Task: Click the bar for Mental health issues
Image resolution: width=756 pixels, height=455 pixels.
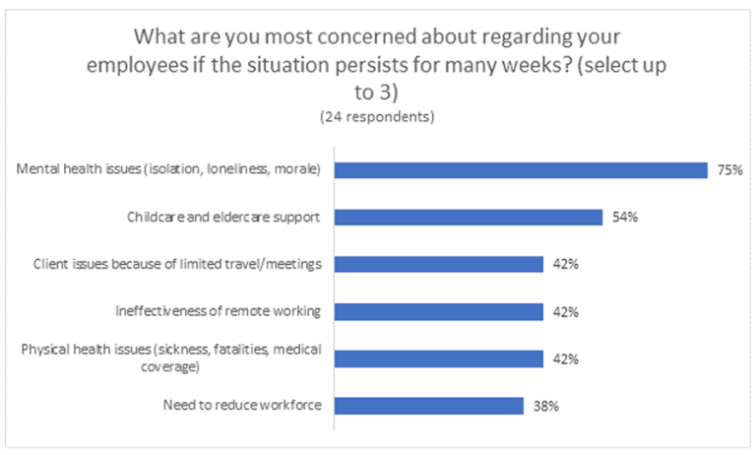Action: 521,169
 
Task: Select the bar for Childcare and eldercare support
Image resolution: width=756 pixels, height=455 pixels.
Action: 469,217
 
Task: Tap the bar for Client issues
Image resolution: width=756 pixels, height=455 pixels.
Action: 439,264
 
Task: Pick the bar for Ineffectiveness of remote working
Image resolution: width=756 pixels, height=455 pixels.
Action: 439,311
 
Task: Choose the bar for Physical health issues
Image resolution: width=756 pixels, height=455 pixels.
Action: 439,358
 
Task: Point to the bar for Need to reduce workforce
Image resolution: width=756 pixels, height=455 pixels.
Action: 428,406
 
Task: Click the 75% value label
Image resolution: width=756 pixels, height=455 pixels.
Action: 728,169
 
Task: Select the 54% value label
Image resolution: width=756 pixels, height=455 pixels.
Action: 624,217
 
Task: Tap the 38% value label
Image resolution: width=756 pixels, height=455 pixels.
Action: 543,406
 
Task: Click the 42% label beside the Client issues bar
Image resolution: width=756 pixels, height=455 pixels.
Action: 564,264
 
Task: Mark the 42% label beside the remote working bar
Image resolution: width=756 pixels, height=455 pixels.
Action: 564,311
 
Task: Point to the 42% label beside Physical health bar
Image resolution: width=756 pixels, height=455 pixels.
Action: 564,358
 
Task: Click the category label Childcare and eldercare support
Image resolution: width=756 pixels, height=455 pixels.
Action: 224,217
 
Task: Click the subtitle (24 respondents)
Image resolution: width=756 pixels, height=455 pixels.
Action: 377,116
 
